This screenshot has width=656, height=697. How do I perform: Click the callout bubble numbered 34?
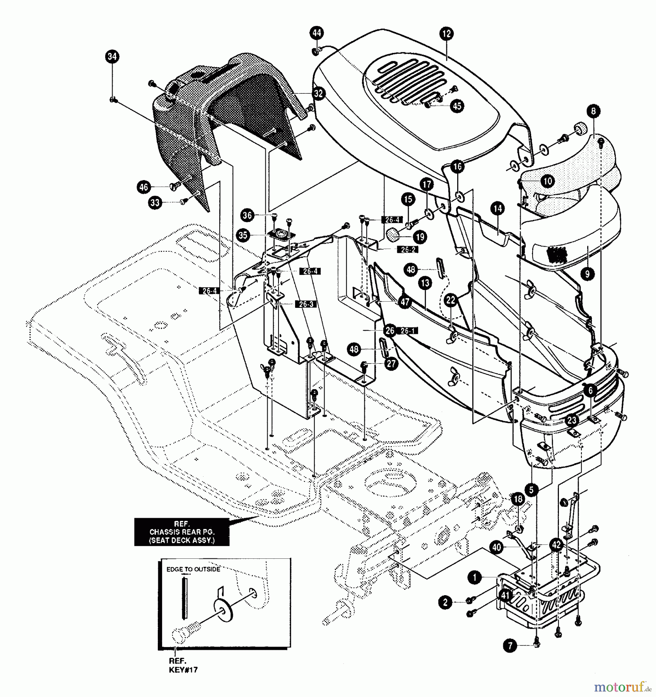(x=112, y=57)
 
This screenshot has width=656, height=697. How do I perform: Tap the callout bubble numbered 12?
(x=446, y=34)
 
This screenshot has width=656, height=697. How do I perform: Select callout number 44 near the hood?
(x=317, y=33)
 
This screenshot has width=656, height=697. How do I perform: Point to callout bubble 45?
(x=457, y=106)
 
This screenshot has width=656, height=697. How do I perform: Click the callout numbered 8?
(x=593, y=111)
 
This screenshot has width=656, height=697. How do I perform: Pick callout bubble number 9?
(x=587, y=274)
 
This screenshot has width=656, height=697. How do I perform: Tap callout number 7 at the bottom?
(x=510, y=645)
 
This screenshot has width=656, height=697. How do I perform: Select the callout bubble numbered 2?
(x=445, y=602)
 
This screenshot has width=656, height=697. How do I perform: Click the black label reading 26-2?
(x=408, y=250)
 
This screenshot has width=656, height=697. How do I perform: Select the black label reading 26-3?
(x=306, y=304)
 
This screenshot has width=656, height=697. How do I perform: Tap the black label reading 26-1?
(x=407, y=331)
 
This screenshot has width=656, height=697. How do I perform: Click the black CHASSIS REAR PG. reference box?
(x=181, y=532)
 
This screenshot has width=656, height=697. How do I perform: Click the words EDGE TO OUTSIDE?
(x=193, y=569)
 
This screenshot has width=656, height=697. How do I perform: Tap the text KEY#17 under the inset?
(x=183, y=670)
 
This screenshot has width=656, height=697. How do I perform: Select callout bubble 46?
(x=143, y=187)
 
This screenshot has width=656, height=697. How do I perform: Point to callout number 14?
(x=498, y=209)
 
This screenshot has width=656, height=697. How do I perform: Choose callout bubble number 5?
(x=531, y=490)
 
